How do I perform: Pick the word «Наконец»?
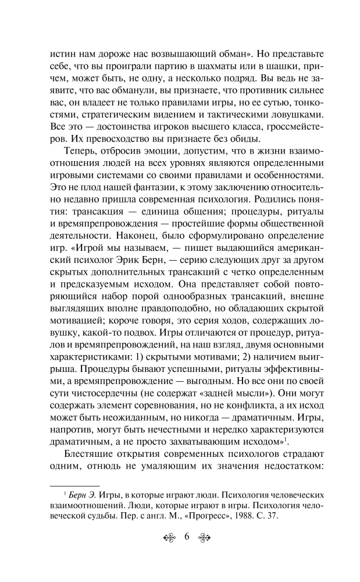coord(123,236)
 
